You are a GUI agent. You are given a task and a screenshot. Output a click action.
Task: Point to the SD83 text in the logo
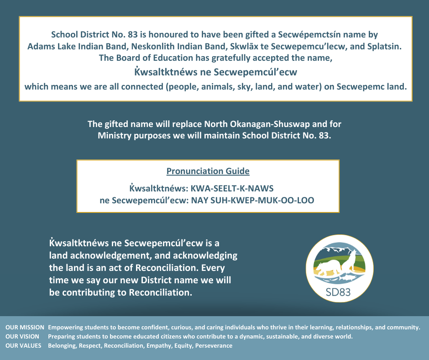click(x=339, y=292)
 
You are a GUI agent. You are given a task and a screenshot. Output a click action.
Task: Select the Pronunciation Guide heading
click(x=208, y=171)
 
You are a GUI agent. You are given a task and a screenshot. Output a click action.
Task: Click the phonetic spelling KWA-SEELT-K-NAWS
click(x=232, y=188)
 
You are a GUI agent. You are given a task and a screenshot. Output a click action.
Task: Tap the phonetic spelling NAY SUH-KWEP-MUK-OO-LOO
click(x=252, y=200)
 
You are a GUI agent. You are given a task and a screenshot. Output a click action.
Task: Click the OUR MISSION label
click(x=25, y=328)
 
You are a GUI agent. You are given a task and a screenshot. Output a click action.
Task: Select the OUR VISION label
click(x=22, y=337)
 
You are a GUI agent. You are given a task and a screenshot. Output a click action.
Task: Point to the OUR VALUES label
click(x=23, y=346)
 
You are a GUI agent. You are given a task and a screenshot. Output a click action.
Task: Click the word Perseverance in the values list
click(x=214, y=346)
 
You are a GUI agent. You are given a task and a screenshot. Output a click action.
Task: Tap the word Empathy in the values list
click(x=158, y=346)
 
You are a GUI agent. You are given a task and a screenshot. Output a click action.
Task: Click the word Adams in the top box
click(x=41, y=46)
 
